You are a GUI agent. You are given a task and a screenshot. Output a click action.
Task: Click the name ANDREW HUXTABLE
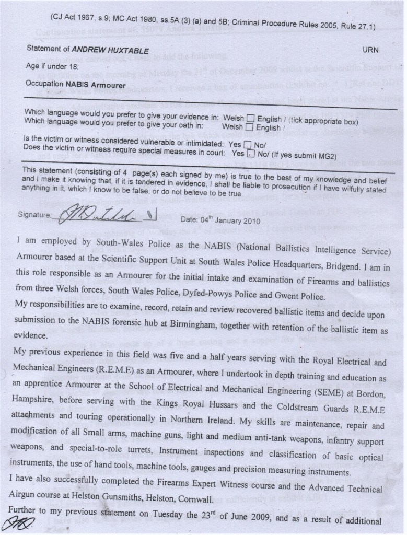[110, 50]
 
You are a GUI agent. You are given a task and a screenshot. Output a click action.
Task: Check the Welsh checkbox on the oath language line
[250, 127]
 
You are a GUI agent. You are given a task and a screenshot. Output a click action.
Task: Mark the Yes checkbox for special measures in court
[251, 154]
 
